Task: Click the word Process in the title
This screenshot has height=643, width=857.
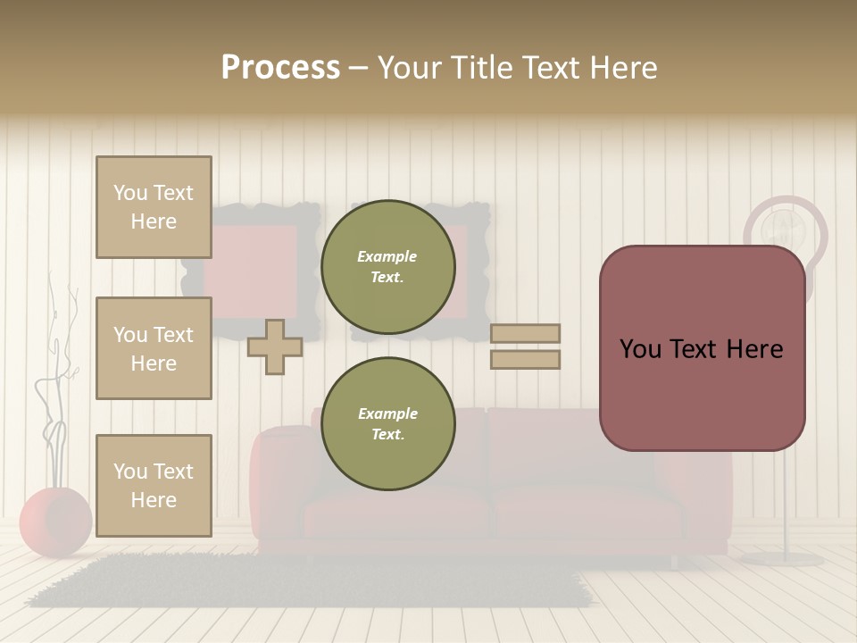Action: point(280,68)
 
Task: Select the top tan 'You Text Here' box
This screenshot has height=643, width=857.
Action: point(154,207)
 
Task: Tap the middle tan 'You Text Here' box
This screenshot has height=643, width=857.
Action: point(154,348)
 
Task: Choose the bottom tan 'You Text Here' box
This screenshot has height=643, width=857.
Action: point(154,486)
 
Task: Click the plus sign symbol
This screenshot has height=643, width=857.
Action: point(275,347)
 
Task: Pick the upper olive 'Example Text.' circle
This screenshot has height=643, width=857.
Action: point(387,267)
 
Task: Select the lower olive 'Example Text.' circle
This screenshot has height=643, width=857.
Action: point(387,424)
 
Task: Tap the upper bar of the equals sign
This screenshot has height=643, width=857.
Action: point(525,333)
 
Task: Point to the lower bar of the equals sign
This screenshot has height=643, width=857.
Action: point(525,359)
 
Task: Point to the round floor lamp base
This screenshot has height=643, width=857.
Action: point(782,559)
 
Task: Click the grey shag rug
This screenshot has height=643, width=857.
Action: point(312,580)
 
